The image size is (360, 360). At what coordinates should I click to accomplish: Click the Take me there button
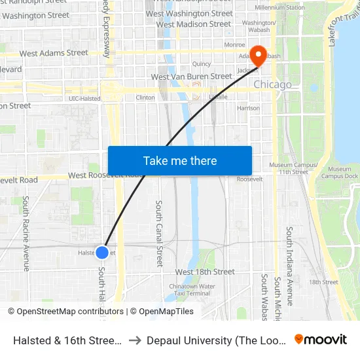coord(180,160)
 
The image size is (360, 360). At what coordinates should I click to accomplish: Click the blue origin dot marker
coord(102,252)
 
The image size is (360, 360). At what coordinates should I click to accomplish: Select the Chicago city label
coord(272,84)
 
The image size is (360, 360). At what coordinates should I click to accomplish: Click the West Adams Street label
coord(54,53)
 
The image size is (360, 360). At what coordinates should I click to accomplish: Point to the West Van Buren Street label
coord(191,77)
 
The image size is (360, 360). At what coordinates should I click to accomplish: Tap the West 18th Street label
coord(205,272)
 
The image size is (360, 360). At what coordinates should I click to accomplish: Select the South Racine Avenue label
coord(26,233)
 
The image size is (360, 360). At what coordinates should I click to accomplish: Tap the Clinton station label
coord(145,98)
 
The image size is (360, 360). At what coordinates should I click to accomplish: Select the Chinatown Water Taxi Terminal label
coord(192,290)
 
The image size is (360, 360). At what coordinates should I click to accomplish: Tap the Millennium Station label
coord(261,7)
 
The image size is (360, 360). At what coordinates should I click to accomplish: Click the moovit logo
coord(321,339)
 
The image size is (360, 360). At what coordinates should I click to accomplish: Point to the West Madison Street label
coord(194,24)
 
